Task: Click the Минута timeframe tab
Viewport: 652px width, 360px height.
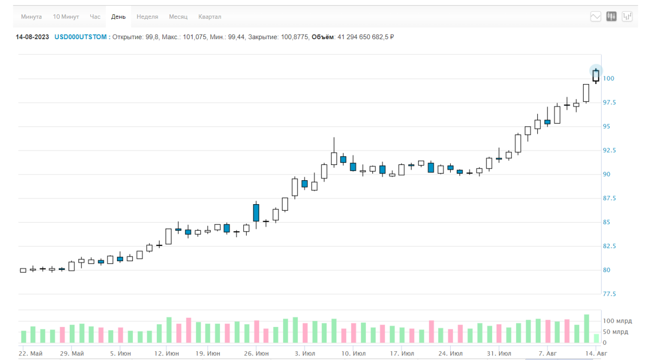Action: click(31, 17)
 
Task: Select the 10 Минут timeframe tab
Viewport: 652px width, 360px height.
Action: click(66, 17)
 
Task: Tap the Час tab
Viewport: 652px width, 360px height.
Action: click(95, 17)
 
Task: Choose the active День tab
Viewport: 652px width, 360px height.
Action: click(118, 17)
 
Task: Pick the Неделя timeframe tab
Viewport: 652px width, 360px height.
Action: click(147, 17)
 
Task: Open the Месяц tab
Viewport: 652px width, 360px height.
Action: click(178, 17)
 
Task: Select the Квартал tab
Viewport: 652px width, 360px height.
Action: click(210, 17)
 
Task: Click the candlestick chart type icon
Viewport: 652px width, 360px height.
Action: click(612, 16)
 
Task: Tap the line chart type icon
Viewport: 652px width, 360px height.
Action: click(596, 16)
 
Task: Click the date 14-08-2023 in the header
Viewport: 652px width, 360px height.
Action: click(33, 37)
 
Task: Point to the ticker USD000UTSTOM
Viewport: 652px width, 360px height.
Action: click(80, 37)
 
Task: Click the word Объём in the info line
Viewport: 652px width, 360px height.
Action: click(322, 37)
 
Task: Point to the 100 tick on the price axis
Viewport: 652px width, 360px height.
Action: click(609, 78)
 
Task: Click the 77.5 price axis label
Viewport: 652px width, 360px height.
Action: click(610, 294)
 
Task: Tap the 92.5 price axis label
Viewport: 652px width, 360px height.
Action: click(610, 150)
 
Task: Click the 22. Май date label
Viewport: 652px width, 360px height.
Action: click(31, 353)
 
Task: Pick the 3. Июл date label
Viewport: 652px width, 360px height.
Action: click(305, 353)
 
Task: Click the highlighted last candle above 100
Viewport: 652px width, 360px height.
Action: click(595, 74)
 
